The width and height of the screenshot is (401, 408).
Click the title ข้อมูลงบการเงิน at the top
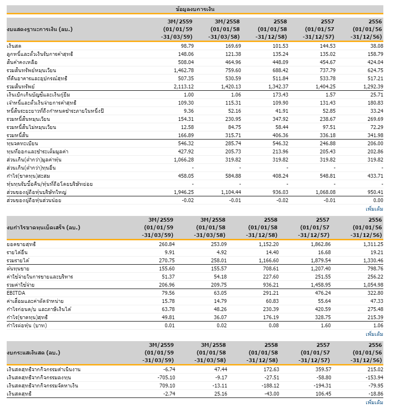click(195, 10)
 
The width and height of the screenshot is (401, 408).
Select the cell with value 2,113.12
click(184, 86)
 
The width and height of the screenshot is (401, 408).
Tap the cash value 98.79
click(187, 46)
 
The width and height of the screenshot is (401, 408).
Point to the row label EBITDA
click(16, 293)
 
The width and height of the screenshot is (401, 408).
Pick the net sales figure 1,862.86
click(321, 244)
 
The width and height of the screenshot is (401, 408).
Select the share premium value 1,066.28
click(184, 160)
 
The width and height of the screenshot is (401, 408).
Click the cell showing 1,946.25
click(184, 192)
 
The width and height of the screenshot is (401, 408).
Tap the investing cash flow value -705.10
click(166, 377)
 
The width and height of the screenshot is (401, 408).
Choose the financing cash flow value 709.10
click(167, 386)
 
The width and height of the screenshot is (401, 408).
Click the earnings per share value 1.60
click(326, 325)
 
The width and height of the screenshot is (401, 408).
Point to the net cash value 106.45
click(323, 394)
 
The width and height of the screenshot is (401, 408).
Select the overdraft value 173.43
click(280, 95)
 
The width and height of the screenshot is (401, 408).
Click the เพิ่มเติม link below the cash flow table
click(374, 402)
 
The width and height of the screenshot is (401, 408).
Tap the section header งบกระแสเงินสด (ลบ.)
click(33, 353)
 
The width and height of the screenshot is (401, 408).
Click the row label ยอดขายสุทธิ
click(21, 244)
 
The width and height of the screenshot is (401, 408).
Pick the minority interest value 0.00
click(378, 200)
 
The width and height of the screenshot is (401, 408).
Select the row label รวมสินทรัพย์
click(21, 86)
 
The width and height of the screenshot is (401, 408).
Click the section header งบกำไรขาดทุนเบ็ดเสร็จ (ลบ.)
click(43, 228)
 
